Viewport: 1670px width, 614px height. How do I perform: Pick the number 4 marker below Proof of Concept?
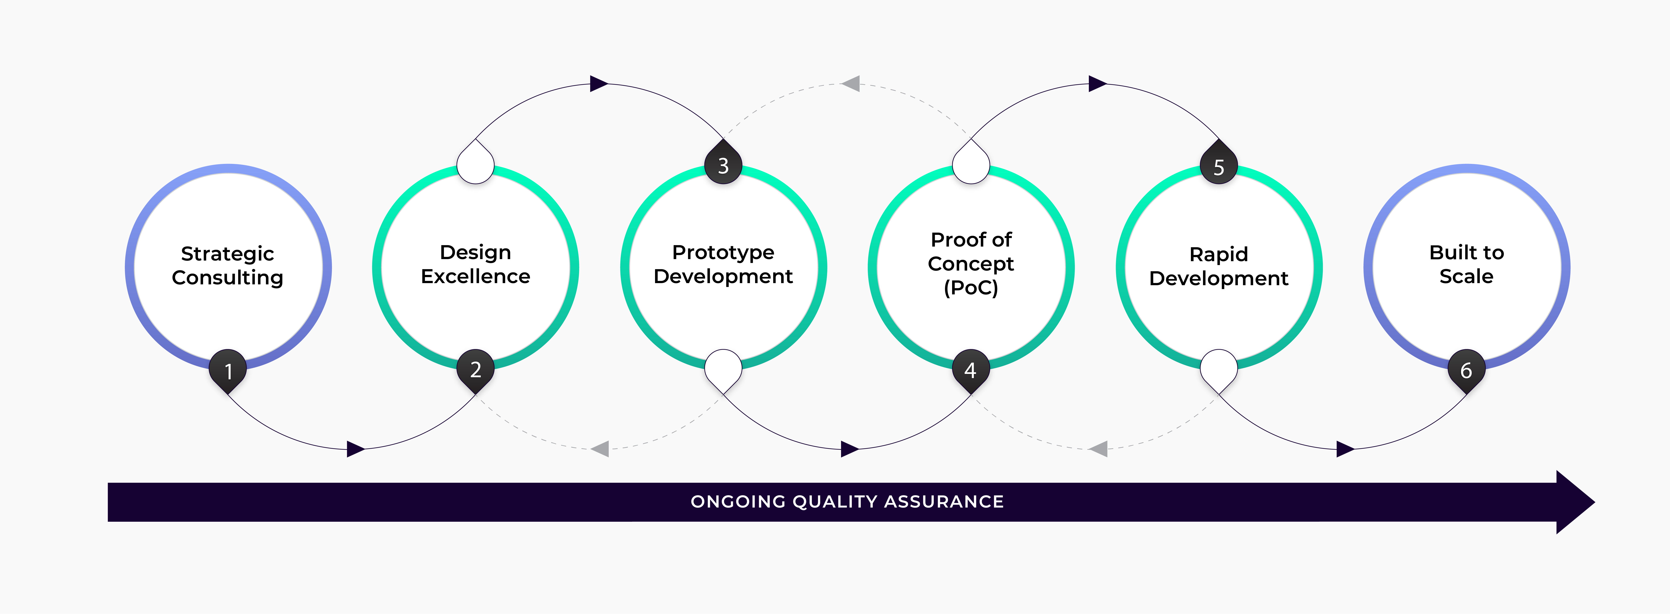[x=970, y=370]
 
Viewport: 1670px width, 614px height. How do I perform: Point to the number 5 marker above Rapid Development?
[x=1219, y=167]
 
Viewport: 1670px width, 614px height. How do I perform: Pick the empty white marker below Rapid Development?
[x=1219, y=368]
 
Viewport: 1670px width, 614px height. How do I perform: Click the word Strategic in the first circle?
[x=228, y=253]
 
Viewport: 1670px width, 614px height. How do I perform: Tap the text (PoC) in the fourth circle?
[x=970, y=287]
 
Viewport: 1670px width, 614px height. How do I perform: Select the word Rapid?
[x=1219, y=254]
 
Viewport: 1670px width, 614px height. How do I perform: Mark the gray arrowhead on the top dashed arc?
[x=851, y=84]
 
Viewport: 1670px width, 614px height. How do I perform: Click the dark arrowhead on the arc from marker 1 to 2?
[x=355, y=449]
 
